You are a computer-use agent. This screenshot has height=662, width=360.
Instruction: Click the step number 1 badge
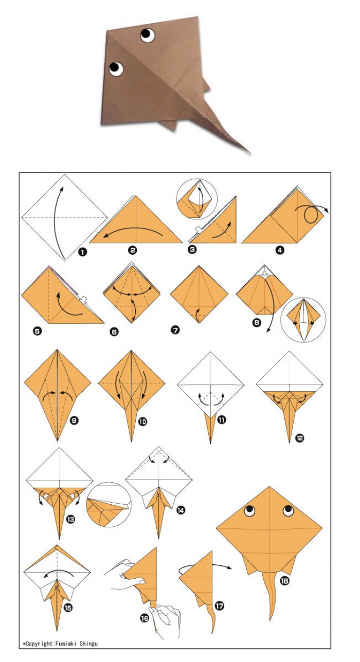(82, 252)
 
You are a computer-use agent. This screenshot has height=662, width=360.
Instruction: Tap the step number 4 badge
(280, 250)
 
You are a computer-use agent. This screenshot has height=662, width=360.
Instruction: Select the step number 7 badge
(175, 329)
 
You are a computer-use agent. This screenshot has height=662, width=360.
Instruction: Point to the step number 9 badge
(74, 420)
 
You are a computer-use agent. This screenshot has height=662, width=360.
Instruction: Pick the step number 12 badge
(300, 438)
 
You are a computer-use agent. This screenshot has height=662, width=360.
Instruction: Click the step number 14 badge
(181, 510)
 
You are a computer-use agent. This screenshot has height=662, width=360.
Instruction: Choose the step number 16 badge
(145, 618)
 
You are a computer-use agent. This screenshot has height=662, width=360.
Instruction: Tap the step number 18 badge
(284, 581)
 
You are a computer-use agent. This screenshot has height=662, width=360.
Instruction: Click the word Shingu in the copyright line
(88, 643)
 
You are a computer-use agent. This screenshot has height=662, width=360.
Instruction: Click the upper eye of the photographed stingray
(147, 35)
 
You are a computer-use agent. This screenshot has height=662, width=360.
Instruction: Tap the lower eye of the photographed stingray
(116, 69)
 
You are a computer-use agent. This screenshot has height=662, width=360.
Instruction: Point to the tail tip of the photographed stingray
(249, 153)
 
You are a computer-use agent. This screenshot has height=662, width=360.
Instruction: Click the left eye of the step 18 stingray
(249, 510)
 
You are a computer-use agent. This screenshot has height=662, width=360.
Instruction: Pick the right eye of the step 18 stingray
(288, 510)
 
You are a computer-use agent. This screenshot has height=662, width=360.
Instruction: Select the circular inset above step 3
(196, 199)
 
